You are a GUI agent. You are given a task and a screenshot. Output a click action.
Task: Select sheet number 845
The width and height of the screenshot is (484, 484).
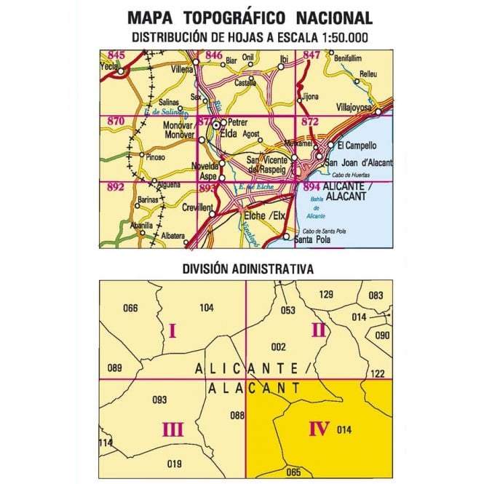coord(115,55)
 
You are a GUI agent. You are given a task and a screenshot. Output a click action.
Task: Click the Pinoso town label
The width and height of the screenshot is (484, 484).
coord(155,156)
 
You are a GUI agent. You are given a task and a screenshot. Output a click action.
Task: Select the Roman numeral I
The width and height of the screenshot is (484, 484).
coord(172,332)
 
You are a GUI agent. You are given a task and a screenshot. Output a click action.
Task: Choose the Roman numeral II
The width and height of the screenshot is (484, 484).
coord(318,329)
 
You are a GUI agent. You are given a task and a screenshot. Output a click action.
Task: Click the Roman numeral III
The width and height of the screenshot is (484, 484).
coord(172,430)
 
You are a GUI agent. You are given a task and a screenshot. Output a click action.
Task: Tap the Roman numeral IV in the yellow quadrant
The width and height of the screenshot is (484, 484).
coord(319,429)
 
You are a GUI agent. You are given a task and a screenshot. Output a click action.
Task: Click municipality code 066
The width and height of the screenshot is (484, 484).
coord(130,308)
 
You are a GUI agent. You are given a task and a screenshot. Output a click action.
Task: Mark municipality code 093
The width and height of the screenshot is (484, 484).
coord(159,400)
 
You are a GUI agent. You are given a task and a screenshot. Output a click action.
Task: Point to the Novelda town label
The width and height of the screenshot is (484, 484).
coord(205,165)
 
